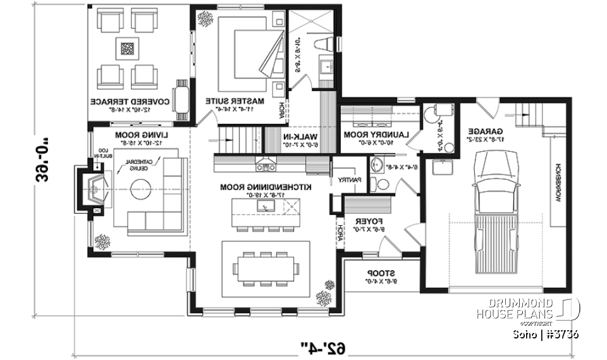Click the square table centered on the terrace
(128, 48)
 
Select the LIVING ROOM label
(140, 135)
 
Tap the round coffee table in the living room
(140, 186)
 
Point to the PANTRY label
(348, 180)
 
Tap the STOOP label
(377, 273)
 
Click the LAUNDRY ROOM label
(377, 135)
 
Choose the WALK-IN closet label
(300, 137)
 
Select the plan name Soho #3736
(545, 333)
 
